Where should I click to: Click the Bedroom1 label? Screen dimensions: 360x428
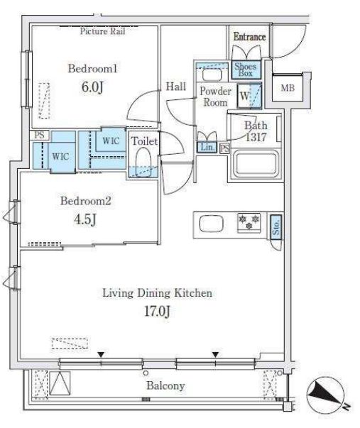pos(92,68)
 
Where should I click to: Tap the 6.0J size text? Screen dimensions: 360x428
pos(92,87)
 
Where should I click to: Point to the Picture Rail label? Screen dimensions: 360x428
pos(102,31)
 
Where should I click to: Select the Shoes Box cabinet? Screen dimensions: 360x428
pos(246,70)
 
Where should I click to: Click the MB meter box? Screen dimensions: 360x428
pos(288,87)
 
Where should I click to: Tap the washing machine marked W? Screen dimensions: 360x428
pos(249,96)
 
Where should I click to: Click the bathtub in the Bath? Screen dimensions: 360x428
pos(256,164)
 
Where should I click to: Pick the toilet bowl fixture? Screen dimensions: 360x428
pos(143,162)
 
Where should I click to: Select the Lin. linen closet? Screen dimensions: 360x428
pos(207,147)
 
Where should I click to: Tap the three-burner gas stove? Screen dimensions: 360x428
pos(249,223)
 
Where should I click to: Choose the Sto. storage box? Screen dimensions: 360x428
pos(276,227)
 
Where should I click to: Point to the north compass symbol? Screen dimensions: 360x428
pos(326,393)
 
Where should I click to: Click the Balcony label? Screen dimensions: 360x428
pos(165,385)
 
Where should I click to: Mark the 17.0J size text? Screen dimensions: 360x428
pos(157,311)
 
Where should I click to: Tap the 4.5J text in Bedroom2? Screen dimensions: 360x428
pos(85,219)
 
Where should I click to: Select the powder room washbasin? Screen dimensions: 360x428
pos(212,75)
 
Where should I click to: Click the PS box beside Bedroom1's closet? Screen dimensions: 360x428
pos(39,135)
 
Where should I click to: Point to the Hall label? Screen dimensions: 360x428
pos(176,87)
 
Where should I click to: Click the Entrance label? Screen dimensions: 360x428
pos(249,37)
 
